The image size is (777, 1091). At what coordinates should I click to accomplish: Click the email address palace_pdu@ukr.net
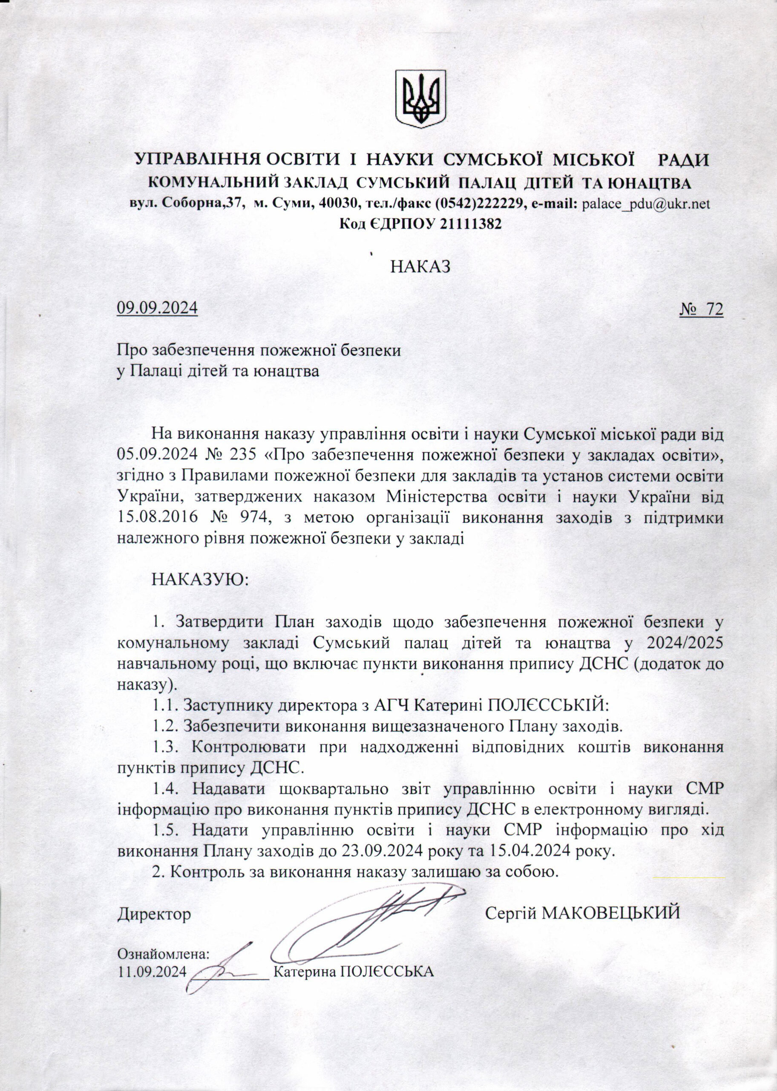[645, 204]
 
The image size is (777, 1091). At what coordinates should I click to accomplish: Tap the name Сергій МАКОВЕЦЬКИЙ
[582, 913]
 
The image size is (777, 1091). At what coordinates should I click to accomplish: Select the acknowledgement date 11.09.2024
[151, 971]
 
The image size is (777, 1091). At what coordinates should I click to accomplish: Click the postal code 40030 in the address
[340, 204]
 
